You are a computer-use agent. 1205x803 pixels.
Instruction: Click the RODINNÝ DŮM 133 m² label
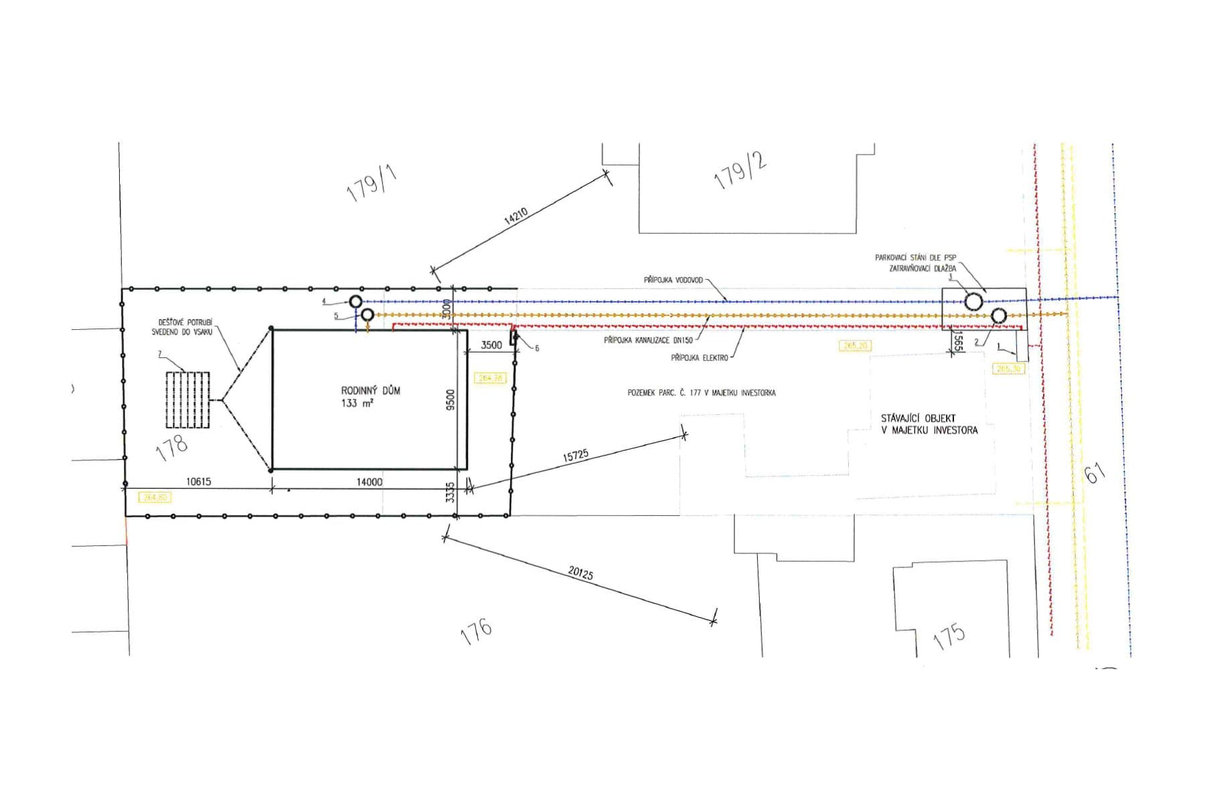coord(370,396)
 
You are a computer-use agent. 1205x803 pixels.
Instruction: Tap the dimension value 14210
coord(515,217)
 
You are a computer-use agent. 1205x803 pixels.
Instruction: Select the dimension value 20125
coord(580,573)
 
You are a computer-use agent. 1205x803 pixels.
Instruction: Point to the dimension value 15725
coord(576,456)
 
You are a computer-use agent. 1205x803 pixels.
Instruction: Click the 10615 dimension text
coord(198,482)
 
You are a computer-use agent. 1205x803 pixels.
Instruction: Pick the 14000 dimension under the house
coord(369,482)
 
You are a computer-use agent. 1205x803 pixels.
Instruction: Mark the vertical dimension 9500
coord(451,399)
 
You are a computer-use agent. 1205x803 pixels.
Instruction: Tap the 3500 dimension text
coord(491,345)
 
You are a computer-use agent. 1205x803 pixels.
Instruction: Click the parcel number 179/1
coord(372,183)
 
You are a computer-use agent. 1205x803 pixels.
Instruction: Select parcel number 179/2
coord(740,171)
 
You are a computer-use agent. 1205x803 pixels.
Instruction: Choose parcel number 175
coord(949,636)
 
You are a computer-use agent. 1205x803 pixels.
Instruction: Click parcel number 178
coord(171,447)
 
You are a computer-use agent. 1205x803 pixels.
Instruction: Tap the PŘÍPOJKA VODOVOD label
coord(673,280)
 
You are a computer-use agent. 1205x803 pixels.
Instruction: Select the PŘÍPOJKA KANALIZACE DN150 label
coord(648,341)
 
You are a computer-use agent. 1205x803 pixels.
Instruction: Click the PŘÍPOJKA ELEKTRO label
coord(699,358)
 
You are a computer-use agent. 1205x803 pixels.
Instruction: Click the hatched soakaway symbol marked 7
coord(187,399)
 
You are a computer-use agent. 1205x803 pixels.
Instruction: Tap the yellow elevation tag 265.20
coord(855,346)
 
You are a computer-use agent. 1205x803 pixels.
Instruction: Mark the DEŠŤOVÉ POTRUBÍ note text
coord(181,327)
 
